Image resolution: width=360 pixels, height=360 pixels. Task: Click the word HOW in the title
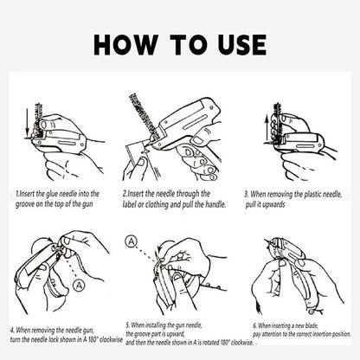pyautogui.click(x=125, y=45)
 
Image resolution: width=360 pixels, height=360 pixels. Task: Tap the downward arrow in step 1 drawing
pyautogui.click(x=27, y=121)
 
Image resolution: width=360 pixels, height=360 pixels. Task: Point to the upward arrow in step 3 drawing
pyautogui.click(x=267, y=128)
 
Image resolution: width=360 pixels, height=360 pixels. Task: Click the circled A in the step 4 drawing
pyautogui.click(x=79, y=286)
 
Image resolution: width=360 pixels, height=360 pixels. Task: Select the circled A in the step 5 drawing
pyautogui.click(x=132, y=241)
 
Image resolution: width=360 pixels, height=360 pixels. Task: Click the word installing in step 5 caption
pyautogui.click(x=156, y=325)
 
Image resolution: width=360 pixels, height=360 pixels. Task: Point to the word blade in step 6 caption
pyautogui.click(x=311, y=326)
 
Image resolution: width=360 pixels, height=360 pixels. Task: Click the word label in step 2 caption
pyautogui.click(x=129, y=204)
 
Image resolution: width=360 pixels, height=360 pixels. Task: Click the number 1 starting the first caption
pyautogui.click(x=17, y=194)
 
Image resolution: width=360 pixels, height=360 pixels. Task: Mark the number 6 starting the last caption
pyautogui.click(x=254, y=326)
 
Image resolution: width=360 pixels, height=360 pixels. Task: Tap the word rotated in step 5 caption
pyautogui.click(x=212, y=343)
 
